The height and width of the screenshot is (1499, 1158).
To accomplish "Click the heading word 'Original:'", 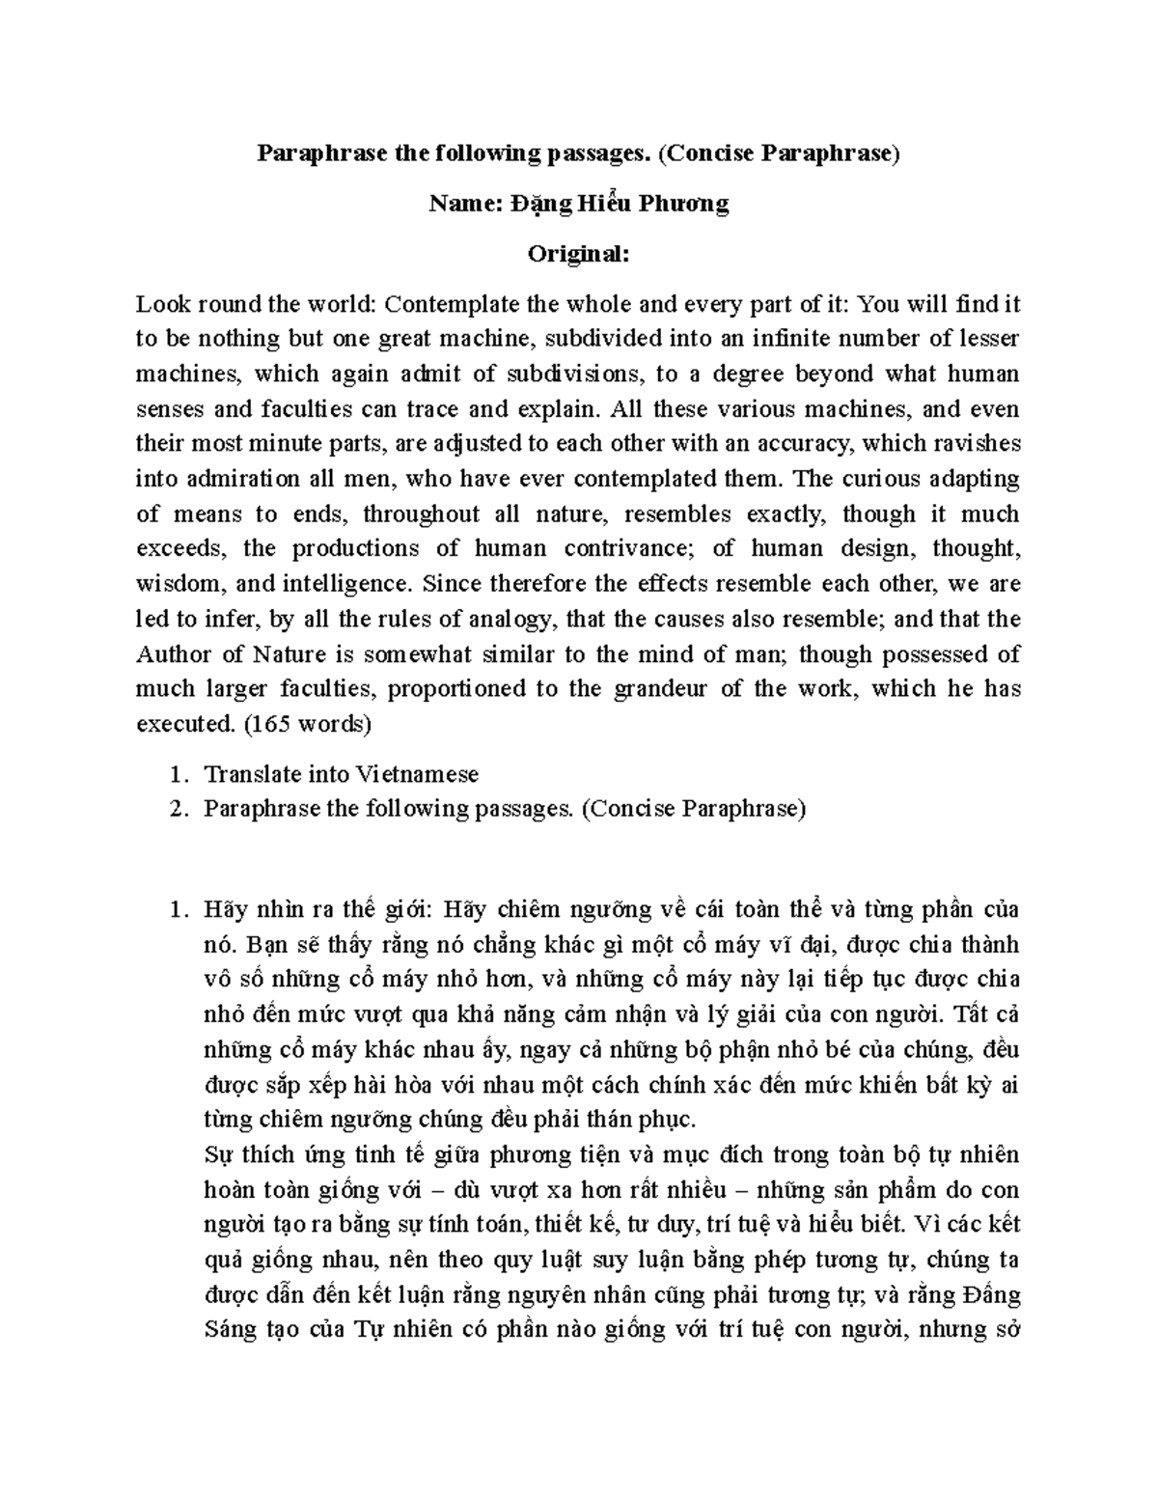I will [x=578, y=254].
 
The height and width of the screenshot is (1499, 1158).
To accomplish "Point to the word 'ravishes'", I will [x=978, y=444].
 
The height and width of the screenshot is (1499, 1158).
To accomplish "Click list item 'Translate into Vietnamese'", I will [x=341, y=774].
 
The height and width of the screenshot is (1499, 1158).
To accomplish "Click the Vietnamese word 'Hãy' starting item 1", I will [x=220, y=910].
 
